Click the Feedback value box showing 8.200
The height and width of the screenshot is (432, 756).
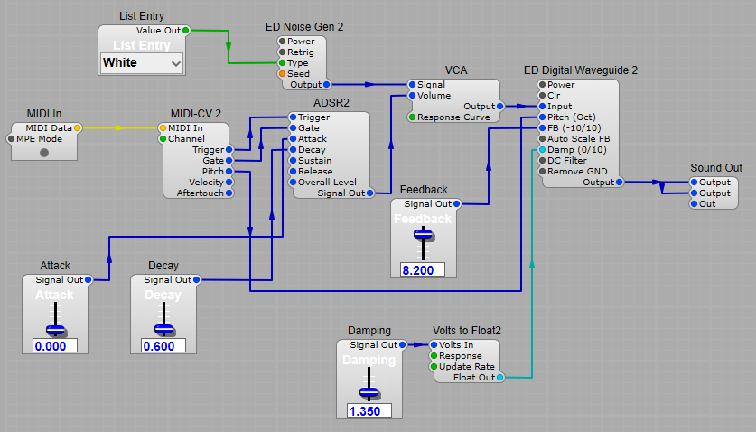[422, 269]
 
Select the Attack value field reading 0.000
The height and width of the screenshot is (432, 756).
[55, 345]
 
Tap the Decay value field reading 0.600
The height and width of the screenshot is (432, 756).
[163, 345]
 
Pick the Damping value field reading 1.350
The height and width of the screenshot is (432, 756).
[369, 410]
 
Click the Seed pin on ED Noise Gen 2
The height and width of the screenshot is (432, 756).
[283, 74]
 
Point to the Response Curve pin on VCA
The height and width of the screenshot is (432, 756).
[412, 117]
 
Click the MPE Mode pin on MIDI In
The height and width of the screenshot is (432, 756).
[12, 139]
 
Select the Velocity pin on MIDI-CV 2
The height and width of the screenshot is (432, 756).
[229, 182]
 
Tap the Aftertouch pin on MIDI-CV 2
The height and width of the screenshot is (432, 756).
[229, 193]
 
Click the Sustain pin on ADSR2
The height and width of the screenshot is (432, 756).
[292, 161]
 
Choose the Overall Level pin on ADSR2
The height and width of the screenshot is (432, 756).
[292, 183]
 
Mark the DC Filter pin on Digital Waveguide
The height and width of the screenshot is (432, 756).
[542, 161]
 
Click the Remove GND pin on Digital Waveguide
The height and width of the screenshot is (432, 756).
[542, 172]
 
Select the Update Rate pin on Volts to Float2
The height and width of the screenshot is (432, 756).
[434, 367]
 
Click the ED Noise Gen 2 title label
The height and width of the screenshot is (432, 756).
[304, 27]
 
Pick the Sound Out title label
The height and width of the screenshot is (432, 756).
[715, 168]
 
